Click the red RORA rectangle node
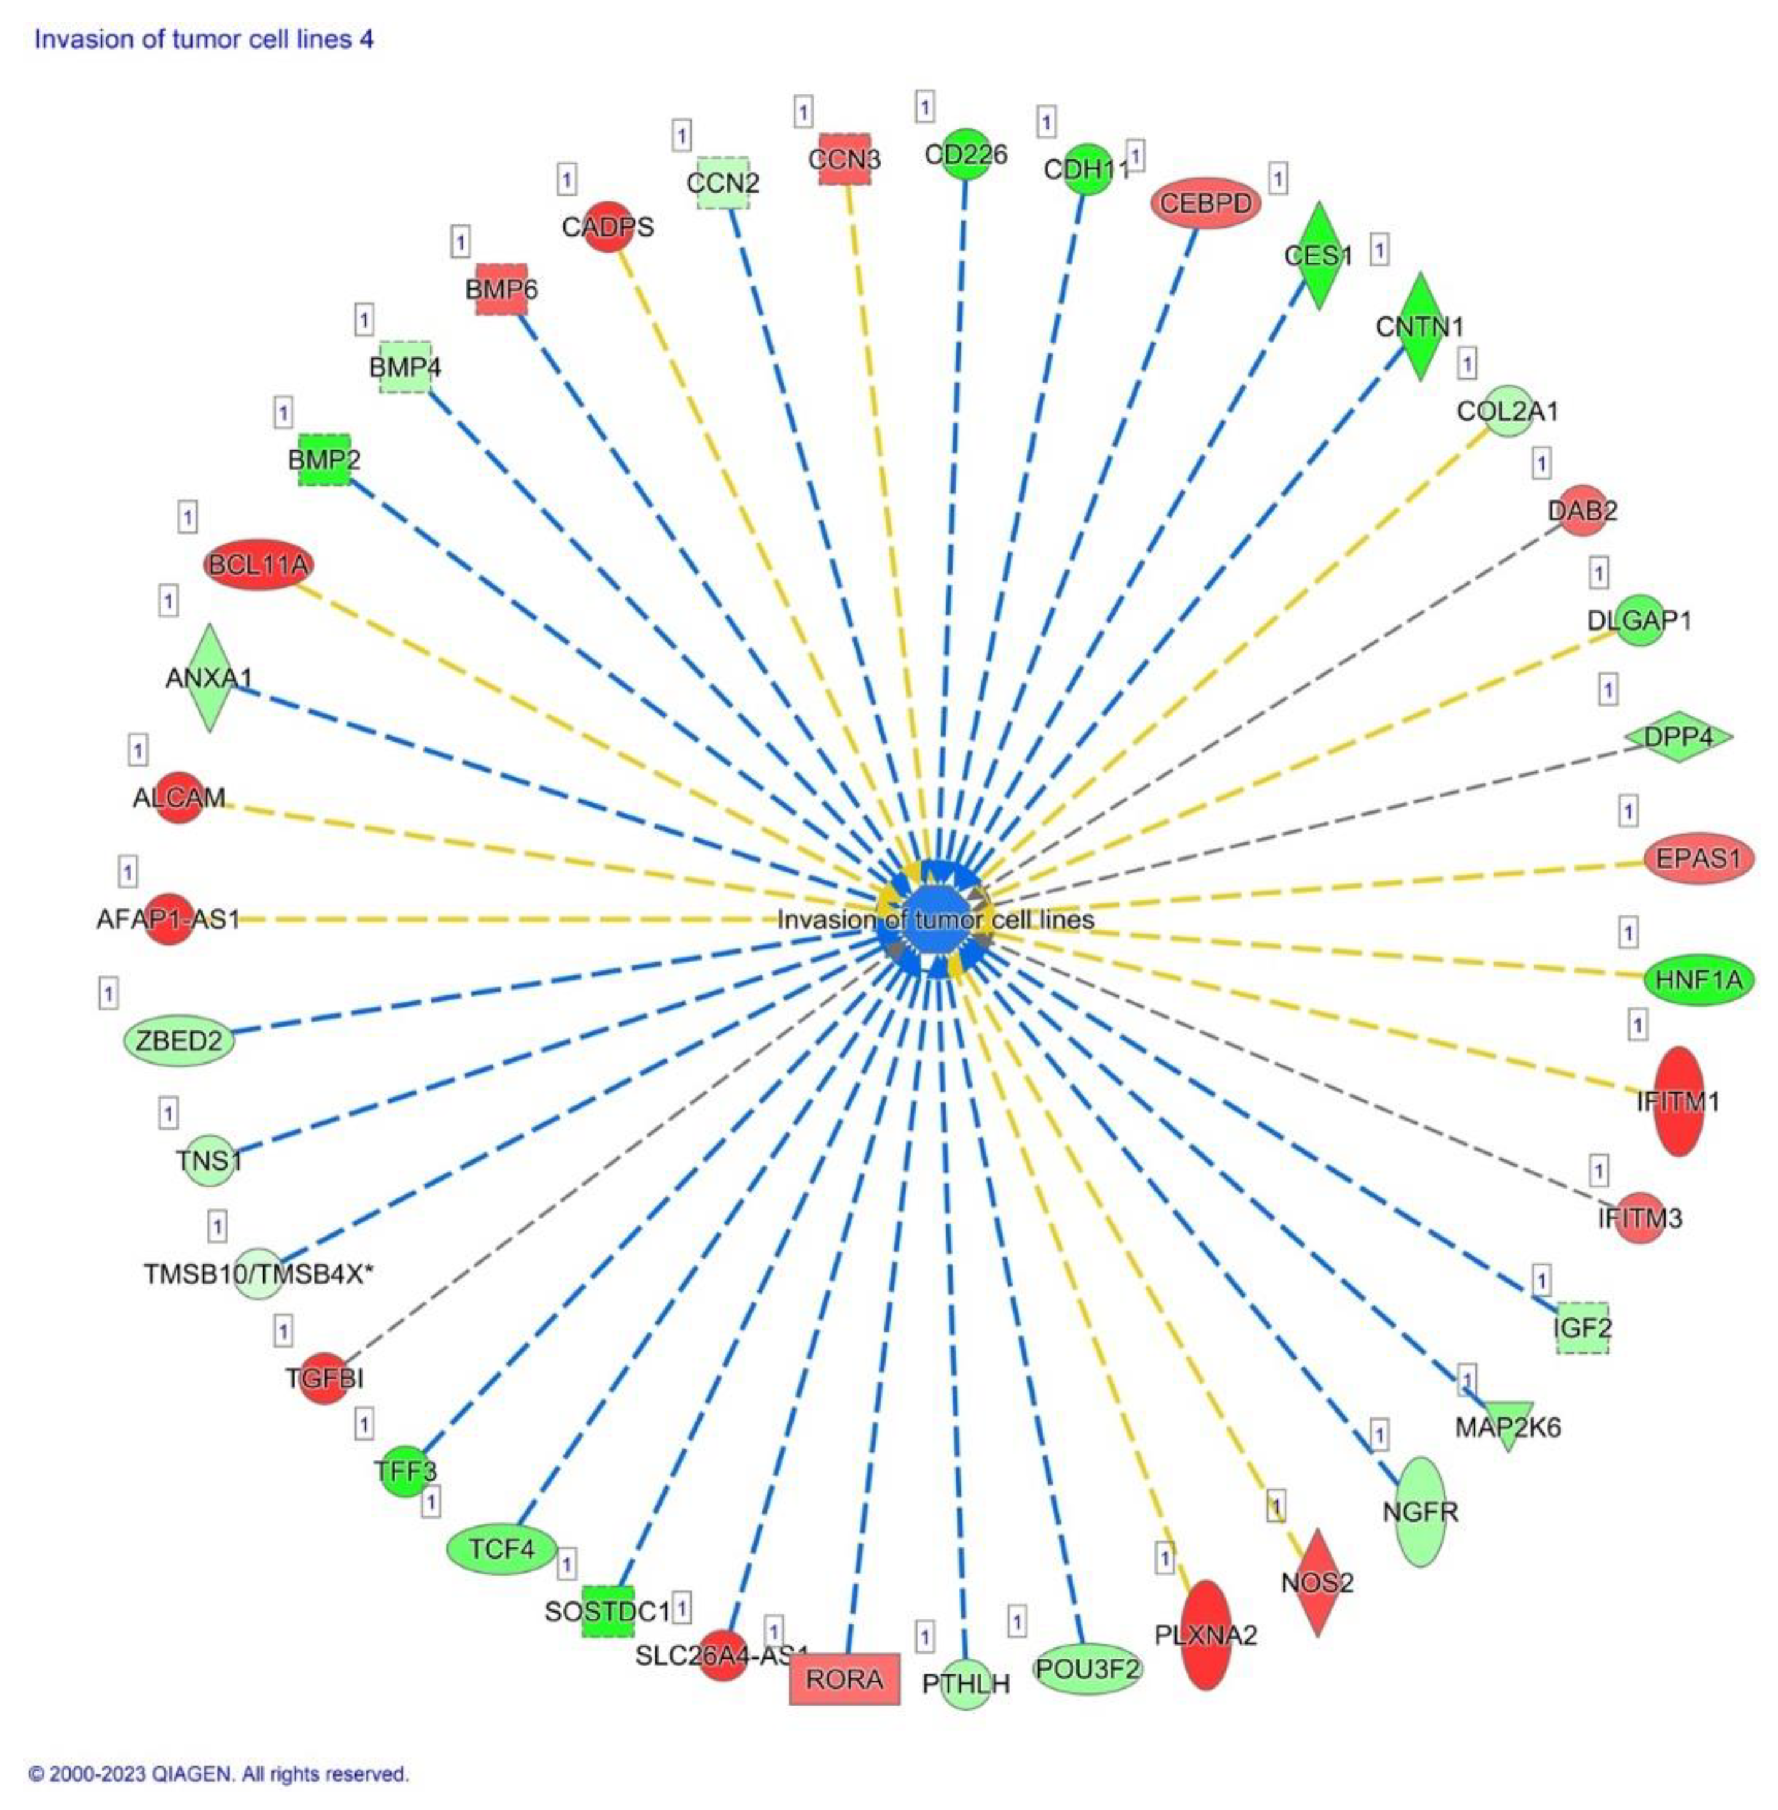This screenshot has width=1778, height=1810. pos(844,1679)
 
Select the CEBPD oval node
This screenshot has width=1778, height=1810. pos(1205,202)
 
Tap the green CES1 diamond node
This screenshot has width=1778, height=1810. pos(1318,255)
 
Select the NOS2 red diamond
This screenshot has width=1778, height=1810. pos(1316,1582)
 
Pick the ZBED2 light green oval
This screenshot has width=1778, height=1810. pos(179,1040)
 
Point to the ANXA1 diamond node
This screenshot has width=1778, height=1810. pos(209,678)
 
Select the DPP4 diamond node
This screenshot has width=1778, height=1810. pos(1678,737)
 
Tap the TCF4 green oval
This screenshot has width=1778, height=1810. pos(501,1549)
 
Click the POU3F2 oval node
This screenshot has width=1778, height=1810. pos(1088,1668)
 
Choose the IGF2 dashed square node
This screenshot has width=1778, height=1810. pos(1582,1327)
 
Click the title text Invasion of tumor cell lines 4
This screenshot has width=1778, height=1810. pos(204,39)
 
